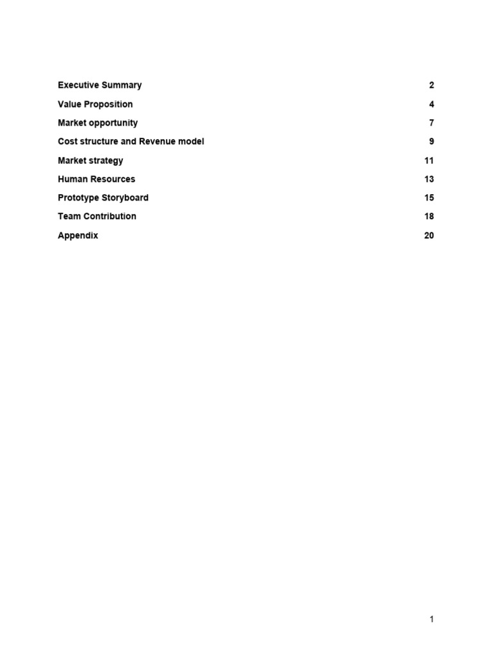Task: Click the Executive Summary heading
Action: coord(99,85)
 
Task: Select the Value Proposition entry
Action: coord(95,104)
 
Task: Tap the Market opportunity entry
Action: coord(97,122)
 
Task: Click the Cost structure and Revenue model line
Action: coord(131,142)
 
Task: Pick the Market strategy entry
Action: coord(90,160)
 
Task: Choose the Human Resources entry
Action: coord(96,179)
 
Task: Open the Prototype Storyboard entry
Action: coord(102,197)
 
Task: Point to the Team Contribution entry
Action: coord(97,216)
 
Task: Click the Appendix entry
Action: coord(78,235)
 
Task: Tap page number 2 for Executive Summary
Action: coord(431,85)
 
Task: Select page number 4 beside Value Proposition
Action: coord(431,104)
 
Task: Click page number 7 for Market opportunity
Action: coord(431,122)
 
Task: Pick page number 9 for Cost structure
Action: coord(431,142)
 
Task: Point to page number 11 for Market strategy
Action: coord(429,160)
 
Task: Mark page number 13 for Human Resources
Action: coord(429,179)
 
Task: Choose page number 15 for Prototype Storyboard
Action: coord(429,197)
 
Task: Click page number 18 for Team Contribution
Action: coord(429,216)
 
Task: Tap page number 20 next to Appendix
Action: coord(429,235)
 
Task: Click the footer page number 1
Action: coord(432,619)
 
